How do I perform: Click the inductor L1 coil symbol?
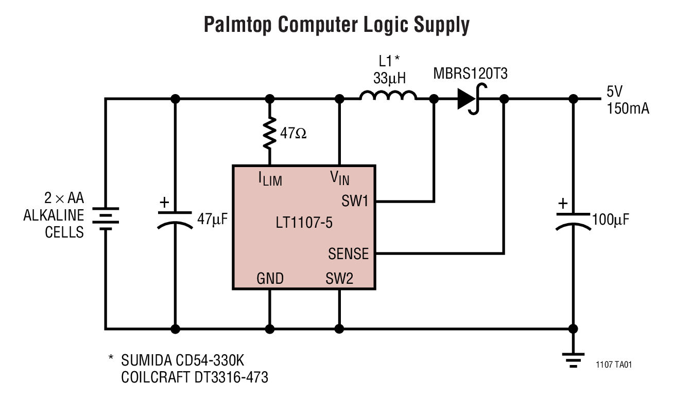388,96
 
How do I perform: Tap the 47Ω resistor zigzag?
269,132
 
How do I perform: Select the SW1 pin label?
355,201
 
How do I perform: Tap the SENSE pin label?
349,253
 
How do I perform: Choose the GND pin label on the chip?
270,279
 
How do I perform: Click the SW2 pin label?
339,279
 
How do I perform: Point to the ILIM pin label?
270,178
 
